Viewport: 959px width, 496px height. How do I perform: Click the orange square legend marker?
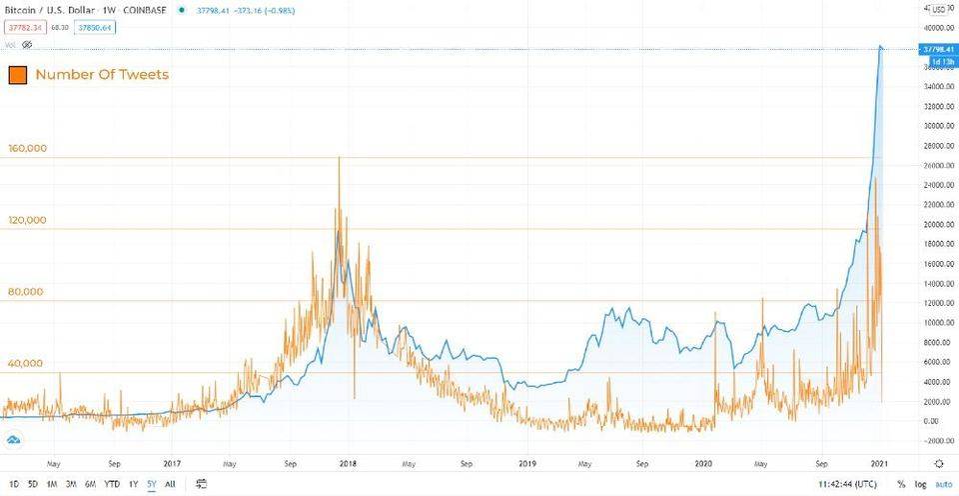16,75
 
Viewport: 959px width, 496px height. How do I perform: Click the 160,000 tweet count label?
27,149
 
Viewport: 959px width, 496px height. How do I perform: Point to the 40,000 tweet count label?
26,363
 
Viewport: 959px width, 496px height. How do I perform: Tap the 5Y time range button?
151,484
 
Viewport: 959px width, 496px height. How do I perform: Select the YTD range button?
112,484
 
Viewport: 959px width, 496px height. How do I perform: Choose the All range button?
170,484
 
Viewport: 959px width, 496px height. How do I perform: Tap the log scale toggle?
921,484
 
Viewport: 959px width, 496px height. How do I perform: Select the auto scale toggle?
942,484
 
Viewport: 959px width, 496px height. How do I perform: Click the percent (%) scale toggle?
901,484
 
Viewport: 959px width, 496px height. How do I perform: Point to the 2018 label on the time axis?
349,464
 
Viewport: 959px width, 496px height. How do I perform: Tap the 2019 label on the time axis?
527,464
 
